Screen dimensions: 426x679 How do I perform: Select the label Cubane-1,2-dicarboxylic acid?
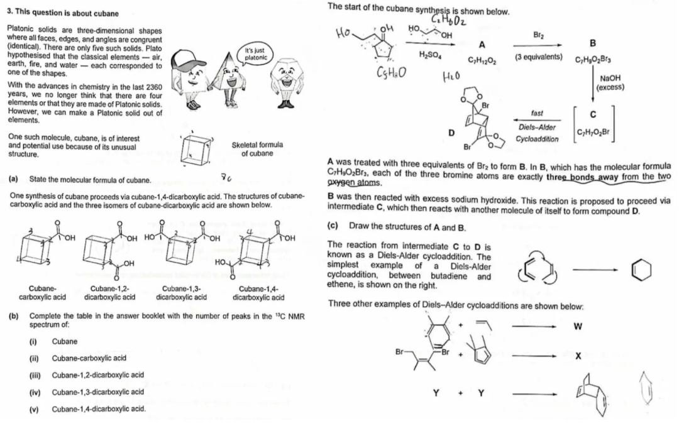[x=109, y=293]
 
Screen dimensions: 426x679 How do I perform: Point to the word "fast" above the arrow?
[x=537, y=113]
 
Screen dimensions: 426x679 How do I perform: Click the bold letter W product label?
[x=577, y=326]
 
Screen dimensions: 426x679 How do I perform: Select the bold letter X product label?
[x=577, y=356]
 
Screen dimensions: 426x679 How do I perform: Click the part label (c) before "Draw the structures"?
[x=334, y=225]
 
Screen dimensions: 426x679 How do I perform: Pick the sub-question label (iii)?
[x=35, y=375]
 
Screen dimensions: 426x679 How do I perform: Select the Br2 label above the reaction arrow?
[x=537, y=36]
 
